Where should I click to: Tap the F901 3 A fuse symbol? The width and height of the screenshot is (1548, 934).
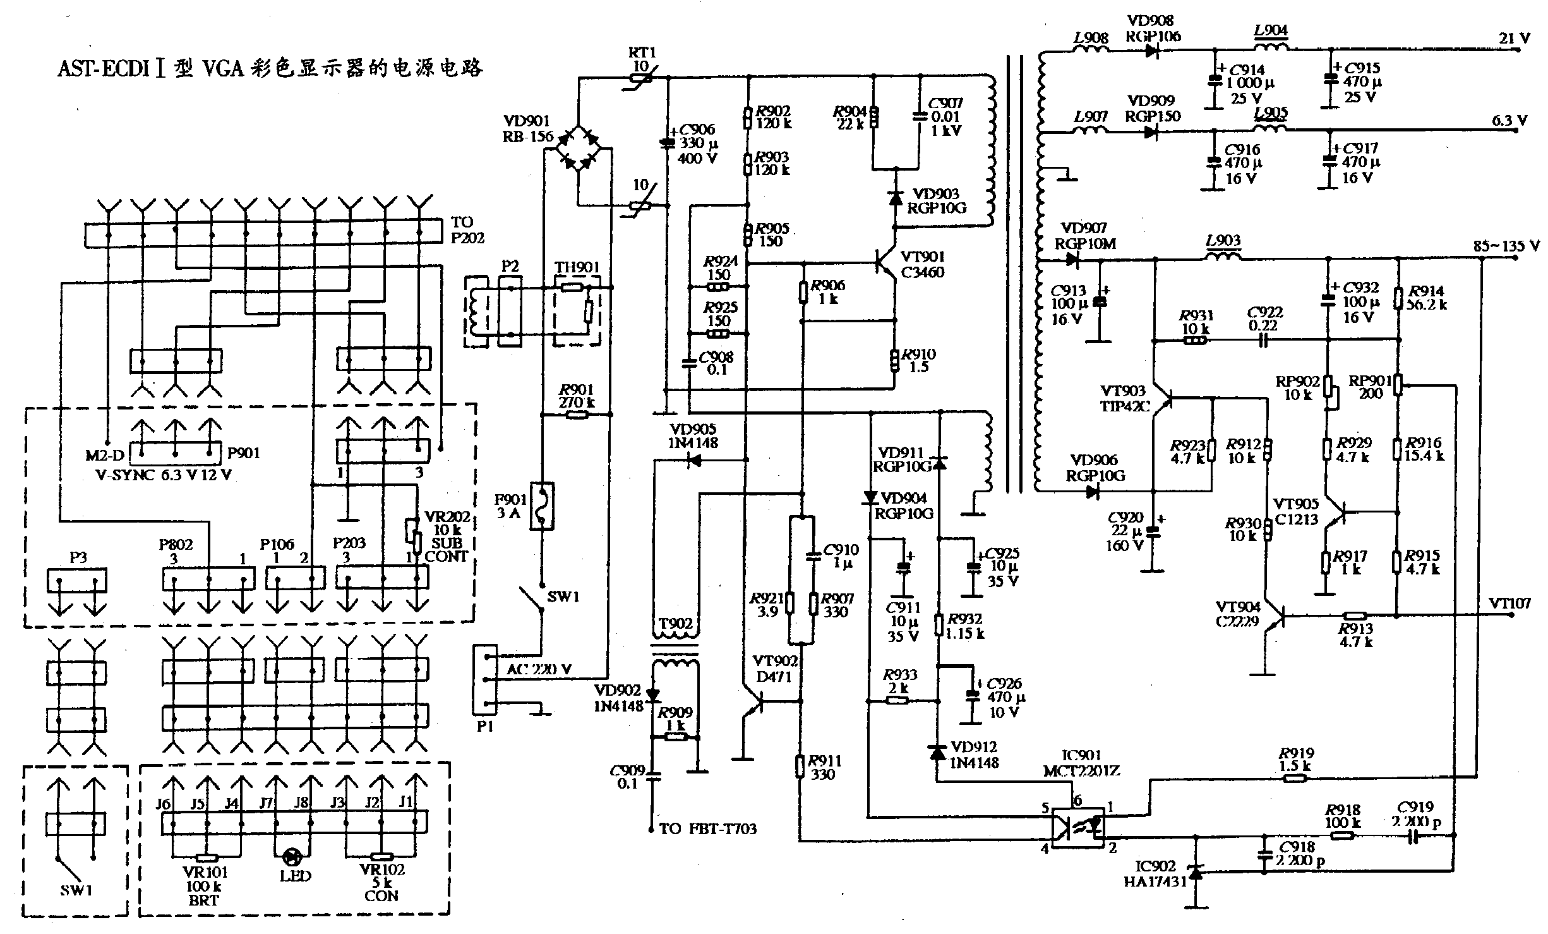[541, 506]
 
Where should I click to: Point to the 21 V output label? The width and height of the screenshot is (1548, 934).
[1515, 38]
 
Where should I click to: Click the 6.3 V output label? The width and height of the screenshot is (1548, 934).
[1509, 119]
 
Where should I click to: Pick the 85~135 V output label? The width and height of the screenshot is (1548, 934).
[1506, 246]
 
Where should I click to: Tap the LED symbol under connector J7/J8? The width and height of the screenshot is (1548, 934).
[292, 857]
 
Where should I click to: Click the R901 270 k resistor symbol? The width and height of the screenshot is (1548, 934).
[576, 415]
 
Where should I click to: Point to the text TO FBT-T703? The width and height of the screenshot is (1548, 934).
[707, 828]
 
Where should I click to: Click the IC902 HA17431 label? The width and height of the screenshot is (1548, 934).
[1155, 866]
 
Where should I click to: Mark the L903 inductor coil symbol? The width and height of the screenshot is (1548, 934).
[1223, 257]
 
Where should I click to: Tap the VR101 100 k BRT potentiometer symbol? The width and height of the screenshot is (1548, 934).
[206, 858]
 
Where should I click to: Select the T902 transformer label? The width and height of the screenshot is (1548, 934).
[675, 624]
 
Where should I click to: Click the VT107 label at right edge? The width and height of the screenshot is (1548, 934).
[1509, 603]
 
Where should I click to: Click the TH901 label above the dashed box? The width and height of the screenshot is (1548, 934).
[577, 268]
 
